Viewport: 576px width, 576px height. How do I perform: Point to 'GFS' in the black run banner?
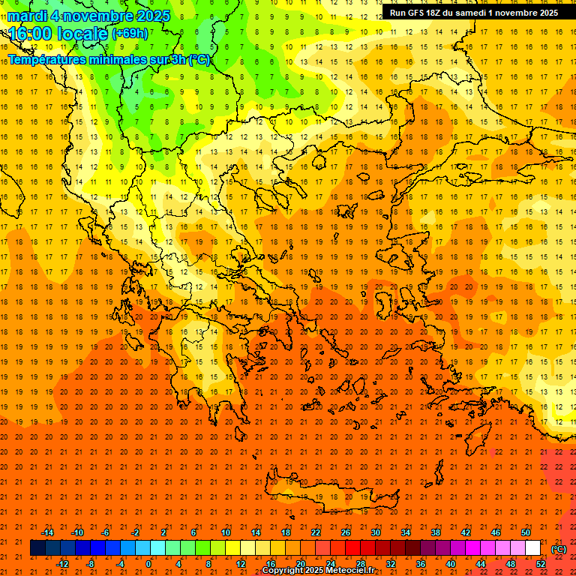pos(417,13)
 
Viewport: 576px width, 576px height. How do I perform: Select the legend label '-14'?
pos(47,532)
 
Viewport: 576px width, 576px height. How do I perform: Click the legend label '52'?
pos(541,564)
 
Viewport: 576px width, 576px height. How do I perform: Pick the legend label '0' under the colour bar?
pos(148,564)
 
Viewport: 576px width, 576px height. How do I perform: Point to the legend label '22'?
pos(316,532)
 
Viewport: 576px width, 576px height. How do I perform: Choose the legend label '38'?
pos(436,532)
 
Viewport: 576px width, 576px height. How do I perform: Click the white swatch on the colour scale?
pos(533,548)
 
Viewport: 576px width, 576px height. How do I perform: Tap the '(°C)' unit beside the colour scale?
pos(558,548)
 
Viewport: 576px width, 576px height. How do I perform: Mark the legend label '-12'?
pos(62,564)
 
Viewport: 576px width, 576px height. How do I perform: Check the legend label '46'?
pos(496,532)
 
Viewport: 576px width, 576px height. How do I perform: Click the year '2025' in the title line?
pos(149,15)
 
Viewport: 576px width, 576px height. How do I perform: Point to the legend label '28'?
pos(361,564)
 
